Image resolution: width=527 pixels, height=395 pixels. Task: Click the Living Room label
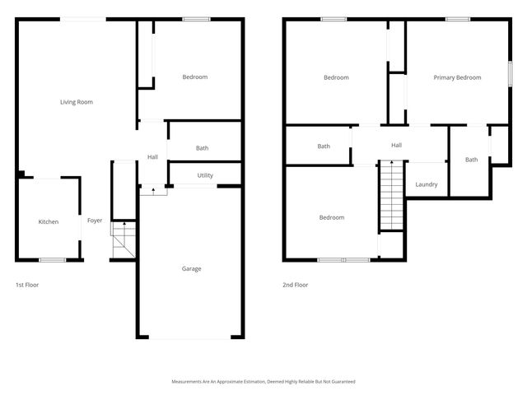76,102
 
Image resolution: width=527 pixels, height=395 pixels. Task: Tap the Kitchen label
49,221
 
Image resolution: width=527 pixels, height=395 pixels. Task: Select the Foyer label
95,221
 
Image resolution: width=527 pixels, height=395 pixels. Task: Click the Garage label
191,268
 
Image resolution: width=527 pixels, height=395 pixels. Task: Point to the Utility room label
205,175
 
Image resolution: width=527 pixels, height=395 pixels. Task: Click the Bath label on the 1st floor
202,148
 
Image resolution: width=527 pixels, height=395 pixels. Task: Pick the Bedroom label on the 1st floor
194,77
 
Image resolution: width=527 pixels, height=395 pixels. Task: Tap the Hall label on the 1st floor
152,157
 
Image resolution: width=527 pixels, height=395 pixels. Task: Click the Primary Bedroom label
457,77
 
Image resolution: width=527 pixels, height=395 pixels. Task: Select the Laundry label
427,184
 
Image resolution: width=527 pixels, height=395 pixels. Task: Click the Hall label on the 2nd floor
396,146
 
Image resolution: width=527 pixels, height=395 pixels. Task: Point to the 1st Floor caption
27,285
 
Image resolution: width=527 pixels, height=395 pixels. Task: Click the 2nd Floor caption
295,285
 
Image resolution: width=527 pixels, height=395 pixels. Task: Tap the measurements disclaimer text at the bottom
263,381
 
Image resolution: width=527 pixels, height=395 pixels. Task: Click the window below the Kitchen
53,260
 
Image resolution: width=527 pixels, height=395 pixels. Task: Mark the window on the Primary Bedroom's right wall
510,72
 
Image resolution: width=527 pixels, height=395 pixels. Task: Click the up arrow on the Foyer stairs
123,222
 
